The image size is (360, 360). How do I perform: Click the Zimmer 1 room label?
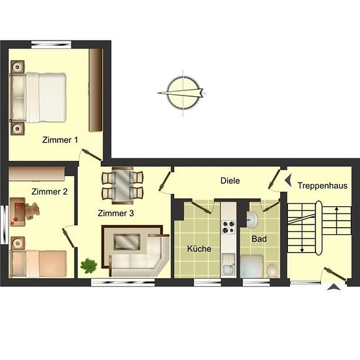tap(60, 140)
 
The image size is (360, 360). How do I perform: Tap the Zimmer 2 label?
tap(50, 192)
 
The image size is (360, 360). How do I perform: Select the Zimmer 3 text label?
tap(116, 213)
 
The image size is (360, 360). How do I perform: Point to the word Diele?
tap(230, 181)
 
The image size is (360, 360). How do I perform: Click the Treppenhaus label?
tap(323, 186)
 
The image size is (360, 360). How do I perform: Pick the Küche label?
tap(199, 249)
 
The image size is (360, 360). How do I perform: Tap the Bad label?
tap(259, 239)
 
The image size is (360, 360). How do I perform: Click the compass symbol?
tap(183, 93)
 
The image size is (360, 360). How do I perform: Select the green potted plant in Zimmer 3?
tap(88, 266)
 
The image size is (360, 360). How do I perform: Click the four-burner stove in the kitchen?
tap(228, 227)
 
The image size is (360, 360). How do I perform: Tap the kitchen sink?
tap(228, 264)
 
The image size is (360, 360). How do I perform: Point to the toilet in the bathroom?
tap(272, 271)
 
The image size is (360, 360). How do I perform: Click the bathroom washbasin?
tap(252, 220)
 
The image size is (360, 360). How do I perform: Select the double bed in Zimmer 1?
tap(38, 98)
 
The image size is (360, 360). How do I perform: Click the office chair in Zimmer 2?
tap(32, 211)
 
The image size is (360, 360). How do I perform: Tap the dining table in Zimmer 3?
tap(122, 185)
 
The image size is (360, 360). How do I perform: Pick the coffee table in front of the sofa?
tap(127, 242)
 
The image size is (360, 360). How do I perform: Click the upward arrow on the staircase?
tap(336, 221)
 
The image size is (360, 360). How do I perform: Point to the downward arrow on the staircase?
tap(302, 240)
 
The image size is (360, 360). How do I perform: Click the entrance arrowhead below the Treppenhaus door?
tap(334, 287)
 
